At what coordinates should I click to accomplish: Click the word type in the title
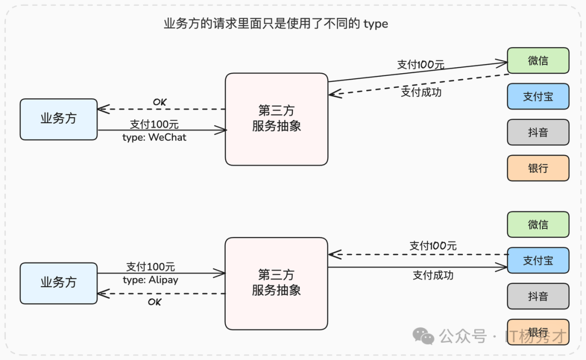click(375, 24)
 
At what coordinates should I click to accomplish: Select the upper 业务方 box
click(59, 119)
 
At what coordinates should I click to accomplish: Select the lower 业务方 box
click(59, 283)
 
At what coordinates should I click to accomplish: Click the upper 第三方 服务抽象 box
click(277, 119)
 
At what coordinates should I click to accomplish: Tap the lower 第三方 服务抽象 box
click(277, 283)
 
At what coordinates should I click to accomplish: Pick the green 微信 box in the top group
click(538, 61)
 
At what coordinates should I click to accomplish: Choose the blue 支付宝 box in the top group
click(538, 97)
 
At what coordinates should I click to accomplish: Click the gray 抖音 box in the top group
click(538, 132)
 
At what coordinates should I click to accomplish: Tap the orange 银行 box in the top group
click(538, 168)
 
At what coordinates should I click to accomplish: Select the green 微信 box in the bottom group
click(538, 224)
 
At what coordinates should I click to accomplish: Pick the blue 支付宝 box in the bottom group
click(538, 260)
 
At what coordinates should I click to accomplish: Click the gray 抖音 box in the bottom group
click(538, 296)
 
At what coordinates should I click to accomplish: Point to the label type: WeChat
click(154, 138)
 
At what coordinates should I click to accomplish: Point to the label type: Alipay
click(150, 280)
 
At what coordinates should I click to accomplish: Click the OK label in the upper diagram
click(160, 102)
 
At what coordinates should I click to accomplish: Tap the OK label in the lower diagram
click(155, 302)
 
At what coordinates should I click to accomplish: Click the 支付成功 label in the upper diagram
click(421, 92)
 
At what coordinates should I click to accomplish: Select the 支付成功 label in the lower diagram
click(433, 275)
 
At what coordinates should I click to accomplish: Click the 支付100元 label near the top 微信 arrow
click(421, 65)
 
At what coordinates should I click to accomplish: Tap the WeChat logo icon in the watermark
click(423, 336)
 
